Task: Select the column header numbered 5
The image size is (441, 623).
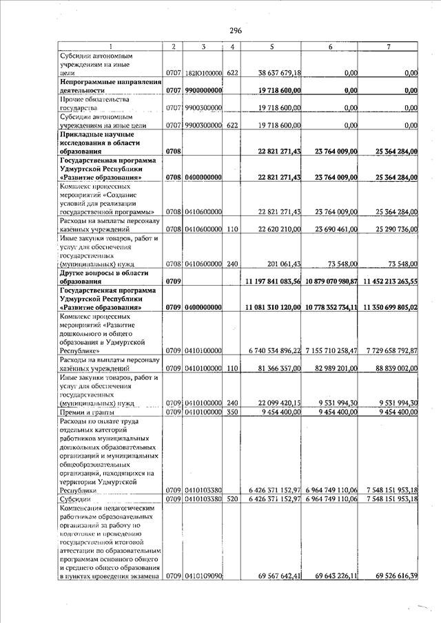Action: point(272,47)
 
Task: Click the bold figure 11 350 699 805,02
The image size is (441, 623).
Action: point(390,307)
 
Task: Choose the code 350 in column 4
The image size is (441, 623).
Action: point(232,412)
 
